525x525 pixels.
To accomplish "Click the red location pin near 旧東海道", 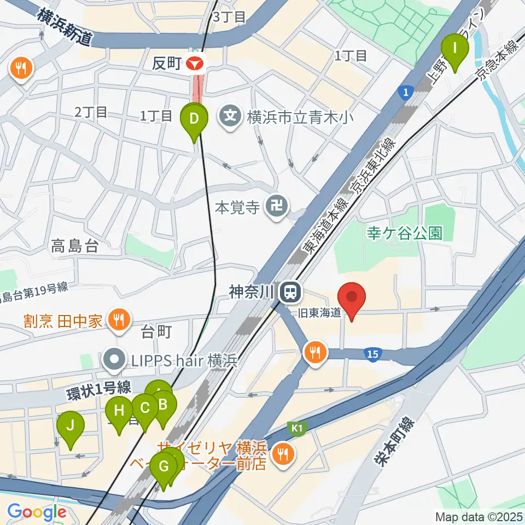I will point(352,298).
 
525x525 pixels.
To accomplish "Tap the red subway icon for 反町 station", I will point(195,64).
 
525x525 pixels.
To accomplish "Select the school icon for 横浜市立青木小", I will point(231,116).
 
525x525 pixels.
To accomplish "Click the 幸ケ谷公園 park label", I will point(405,234).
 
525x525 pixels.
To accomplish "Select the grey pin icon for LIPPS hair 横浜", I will point(114,360).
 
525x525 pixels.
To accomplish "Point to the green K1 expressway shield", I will point(296,428).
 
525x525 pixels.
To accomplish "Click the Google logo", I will point(37,512).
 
